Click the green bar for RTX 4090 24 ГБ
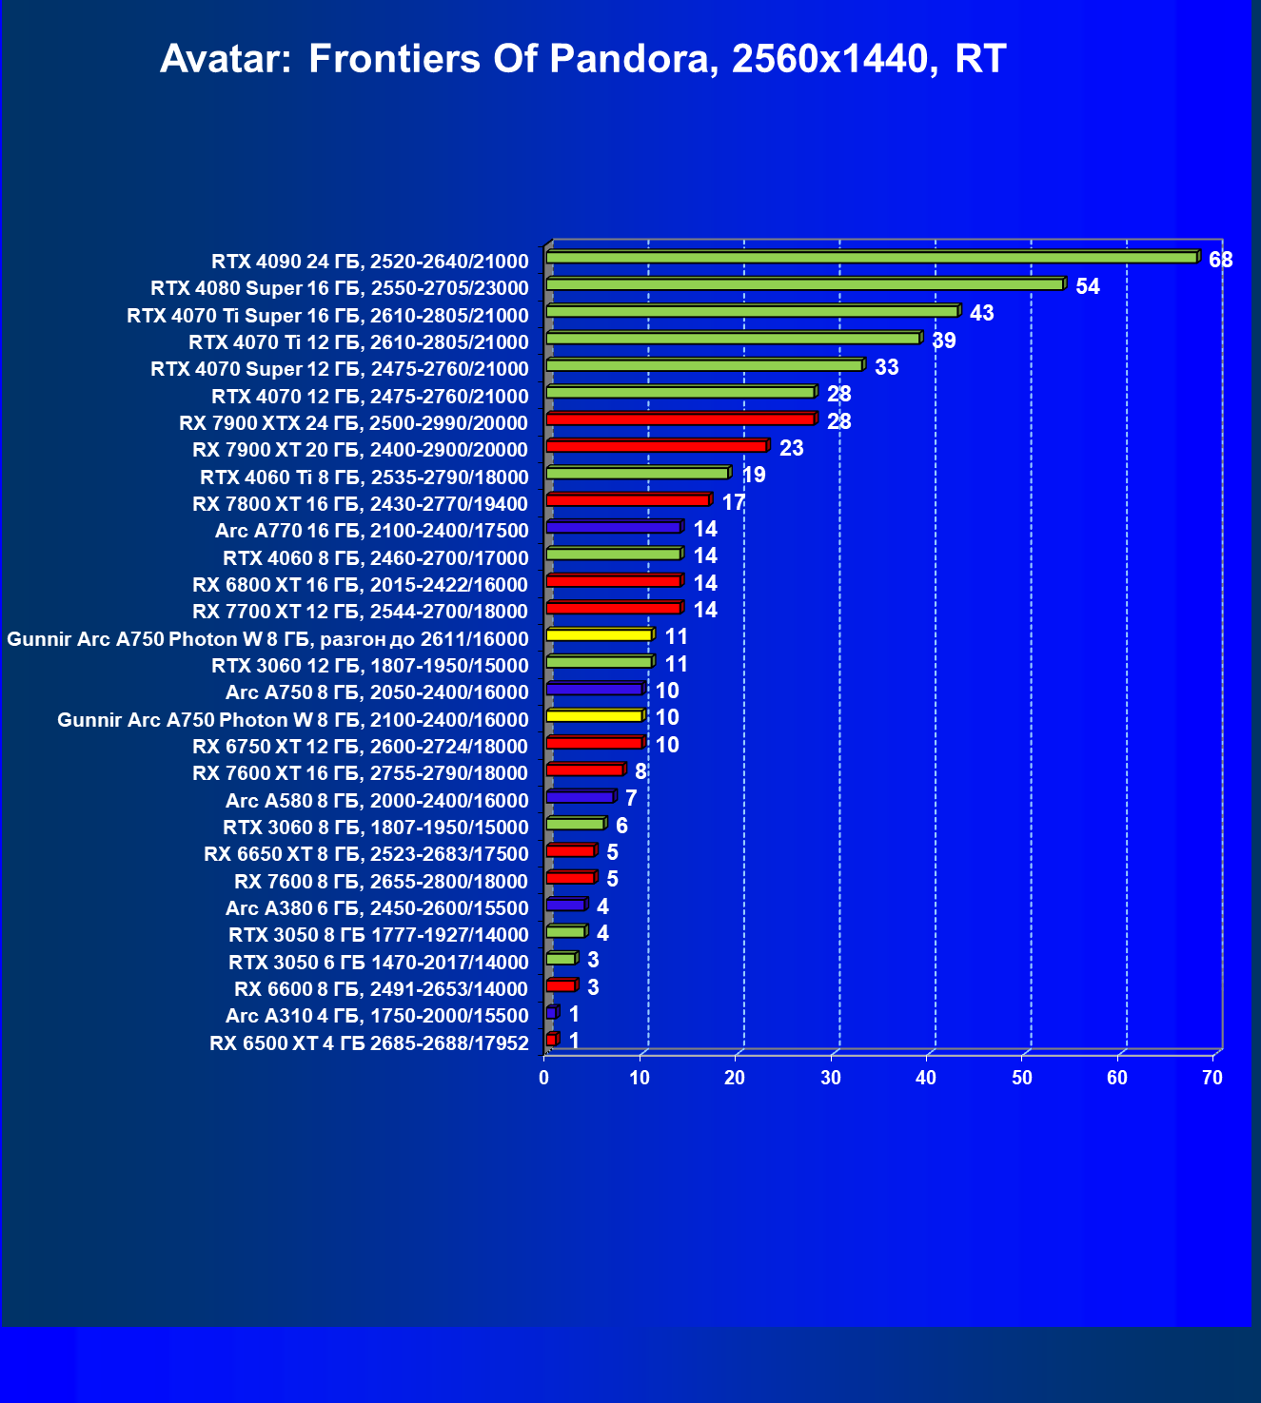click(871, 258)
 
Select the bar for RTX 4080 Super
click(804, 284)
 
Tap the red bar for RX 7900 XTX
click(680, 419)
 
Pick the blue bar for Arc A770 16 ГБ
click(614, 527)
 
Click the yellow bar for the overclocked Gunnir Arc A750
click(600, 634)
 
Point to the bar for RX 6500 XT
click(551, 1040)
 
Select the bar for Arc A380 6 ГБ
click(566, 905)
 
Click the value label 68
click(1220, 260)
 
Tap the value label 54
click(1087, 286)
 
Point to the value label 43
click(981, 313)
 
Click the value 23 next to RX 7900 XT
click(791, 448)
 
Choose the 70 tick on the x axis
click(1212, 1078)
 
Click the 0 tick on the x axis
click(544, 1078)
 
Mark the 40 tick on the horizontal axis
click(926, 1078)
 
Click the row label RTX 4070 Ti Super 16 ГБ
click(327, 315)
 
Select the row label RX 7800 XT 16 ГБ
click(360, 503)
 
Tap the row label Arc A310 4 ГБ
click(377, 1016)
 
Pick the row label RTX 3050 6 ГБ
click(378, 962)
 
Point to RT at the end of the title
click(980, 59)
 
